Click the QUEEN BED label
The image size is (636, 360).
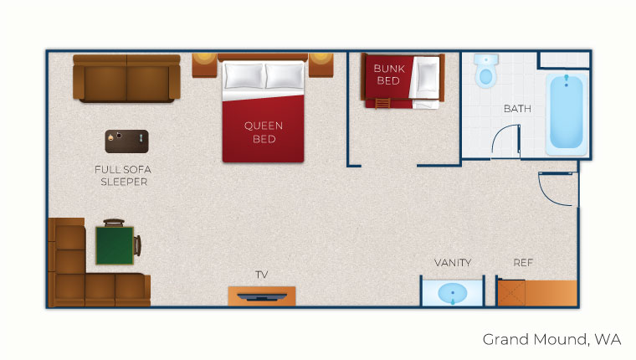(x=264, y=132)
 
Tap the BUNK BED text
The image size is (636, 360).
(x=387, y=75)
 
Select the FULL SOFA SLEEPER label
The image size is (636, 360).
(x=124, y=175)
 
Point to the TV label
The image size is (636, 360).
(x=262, y=275)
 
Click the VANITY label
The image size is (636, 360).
(x=453, y=262)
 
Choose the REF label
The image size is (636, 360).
(x=523, y=262)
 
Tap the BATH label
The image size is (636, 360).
(x=517, y=109)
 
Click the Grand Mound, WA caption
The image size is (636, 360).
(x=551, y=339)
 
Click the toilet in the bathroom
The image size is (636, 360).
(x=485, y=72)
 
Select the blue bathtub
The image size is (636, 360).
(x=567, y=115)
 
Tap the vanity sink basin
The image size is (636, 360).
(x=453, y=294)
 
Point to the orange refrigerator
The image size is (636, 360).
(x=537, y=293)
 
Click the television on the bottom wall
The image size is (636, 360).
(x=262, y=296)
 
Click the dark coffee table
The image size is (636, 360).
(x=126, y=141)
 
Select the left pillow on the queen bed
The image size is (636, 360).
(x=244, y=76)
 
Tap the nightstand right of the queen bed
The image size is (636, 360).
(x=322, y=64)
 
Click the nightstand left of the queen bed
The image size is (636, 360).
(x=204, y=64)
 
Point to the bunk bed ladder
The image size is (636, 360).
(x=382, y=103)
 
